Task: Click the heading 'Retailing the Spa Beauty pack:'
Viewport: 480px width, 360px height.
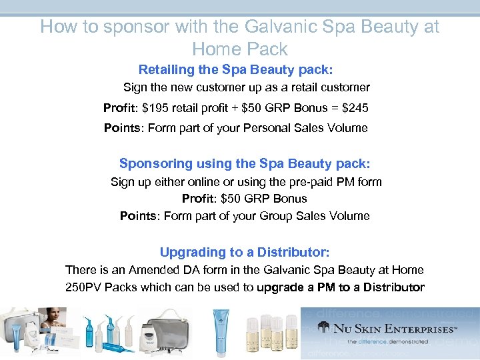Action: click(235, 69)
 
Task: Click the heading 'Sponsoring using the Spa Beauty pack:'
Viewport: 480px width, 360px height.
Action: click(244, 163)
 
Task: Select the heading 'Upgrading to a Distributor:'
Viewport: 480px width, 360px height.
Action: click(245, 252)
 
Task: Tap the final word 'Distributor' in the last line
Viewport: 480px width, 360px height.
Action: click(390, 287)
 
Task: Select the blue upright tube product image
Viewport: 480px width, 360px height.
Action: click(223, 331)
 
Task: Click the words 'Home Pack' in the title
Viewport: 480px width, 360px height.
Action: click(239, 49)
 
